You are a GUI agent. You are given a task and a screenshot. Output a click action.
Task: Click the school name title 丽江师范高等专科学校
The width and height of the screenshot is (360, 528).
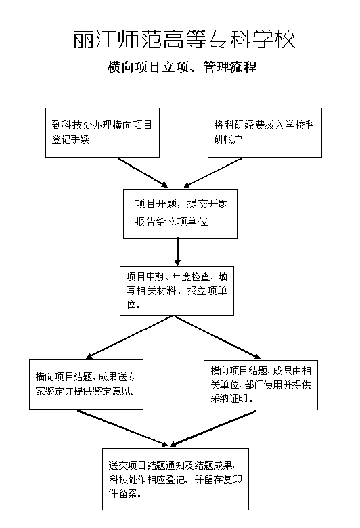(x=185, y=39)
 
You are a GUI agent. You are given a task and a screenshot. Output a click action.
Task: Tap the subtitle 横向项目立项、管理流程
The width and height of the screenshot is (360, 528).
(x=182, y=67)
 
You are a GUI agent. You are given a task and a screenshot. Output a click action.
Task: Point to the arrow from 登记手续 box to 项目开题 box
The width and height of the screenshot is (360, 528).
(x=143, y=173)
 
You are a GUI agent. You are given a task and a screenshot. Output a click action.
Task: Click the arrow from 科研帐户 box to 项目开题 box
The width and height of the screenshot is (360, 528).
(x=212, y=173)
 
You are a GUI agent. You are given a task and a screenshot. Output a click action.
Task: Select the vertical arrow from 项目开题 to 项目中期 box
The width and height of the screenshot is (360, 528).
(x=178, y=252)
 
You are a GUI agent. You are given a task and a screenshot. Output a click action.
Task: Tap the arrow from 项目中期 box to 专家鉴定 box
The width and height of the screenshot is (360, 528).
(x=129, y=337)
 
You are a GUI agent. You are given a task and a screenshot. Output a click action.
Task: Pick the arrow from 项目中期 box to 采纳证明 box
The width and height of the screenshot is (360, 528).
(x=217, y=337)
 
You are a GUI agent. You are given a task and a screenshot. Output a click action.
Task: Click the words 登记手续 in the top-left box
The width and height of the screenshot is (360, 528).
(x=71, y=139)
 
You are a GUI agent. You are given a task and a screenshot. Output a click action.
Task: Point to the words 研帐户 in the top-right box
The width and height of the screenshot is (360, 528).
(x=228, y=139)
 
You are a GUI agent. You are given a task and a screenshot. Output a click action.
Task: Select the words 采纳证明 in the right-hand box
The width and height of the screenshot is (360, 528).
(x=229, y=398)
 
